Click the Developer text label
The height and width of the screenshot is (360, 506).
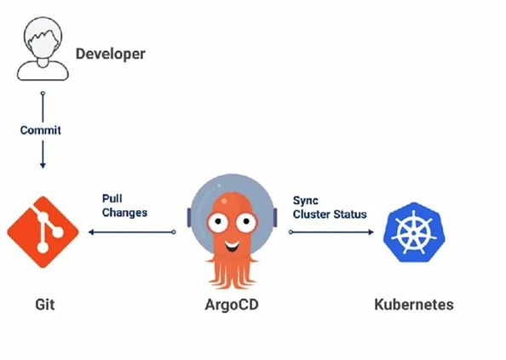(111, 54)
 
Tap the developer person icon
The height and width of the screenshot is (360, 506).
(43, 49)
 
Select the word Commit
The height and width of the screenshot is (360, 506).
(40, 130)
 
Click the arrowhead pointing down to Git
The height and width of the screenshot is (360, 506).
(43, 165)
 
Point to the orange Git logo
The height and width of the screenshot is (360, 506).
(43, 232)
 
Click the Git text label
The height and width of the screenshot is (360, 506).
(45, 305)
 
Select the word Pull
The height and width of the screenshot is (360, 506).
(112, 198)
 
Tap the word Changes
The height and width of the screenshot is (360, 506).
(124, 213)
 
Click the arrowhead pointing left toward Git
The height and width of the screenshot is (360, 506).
(91, 232)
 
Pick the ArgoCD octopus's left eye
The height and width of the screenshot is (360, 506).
(217, 222)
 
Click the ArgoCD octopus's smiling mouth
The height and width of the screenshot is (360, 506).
(232, 247)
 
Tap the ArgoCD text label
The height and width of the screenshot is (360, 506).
(232, 305)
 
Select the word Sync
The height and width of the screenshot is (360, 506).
(305, 201)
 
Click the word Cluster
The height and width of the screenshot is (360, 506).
(312, 214)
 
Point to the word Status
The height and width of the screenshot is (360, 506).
(350, 214)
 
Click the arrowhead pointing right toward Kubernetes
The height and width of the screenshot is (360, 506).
(371, 232)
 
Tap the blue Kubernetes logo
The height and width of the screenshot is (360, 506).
(414, 232)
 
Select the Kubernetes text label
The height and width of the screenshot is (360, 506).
(414, 305)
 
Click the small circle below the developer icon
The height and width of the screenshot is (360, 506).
(43, 93)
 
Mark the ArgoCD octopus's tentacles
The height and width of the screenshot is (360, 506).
(232, 272)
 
